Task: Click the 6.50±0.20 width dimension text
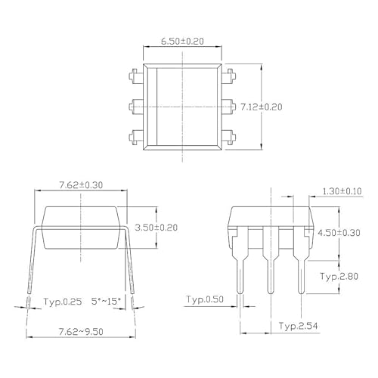[184, 42]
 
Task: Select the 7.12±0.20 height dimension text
[261, 108]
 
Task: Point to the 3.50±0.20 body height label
[156, 227]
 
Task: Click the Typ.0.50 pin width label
[205, 300]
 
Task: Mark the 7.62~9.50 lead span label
[81, 331]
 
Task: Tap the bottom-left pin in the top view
[136, 137]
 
